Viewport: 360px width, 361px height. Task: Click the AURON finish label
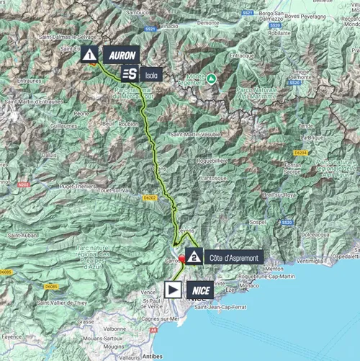click(120, 54)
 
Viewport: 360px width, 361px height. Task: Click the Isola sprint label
click(150, 73)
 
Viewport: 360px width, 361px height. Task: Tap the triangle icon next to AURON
click(89, 54)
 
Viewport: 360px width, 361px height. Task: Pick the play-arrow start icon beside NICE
click(173, 289)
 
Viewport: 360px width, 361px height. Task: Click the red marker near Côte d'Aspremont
click(182, 259)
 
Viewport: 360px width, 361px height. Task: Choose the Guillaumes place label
click(42, 125)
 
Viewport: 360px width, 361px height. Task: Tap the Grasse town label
click(86, 321)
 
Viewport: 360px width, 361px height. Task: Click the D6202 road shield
click(149, 196)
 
